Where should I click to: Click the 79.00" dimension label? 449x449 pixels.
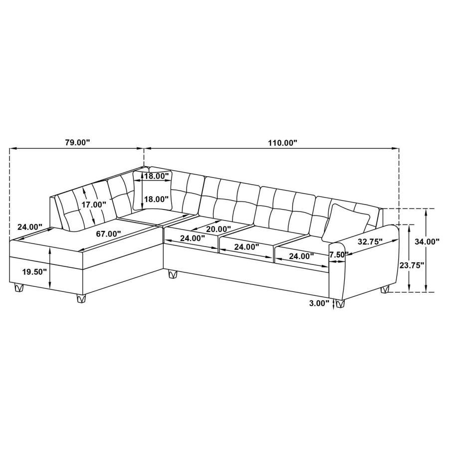77,142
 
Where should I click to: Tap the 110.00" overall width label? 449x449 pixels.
283,143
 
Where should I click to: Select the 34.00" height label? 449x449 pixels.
427,241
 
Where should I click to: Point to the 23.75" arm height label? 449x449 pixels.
412,265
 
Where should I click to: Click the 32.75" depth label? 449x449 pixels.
370,241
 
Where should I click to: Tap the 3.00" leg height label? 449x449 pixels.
319,303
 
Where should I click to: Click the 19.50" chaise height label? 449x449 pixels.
34,272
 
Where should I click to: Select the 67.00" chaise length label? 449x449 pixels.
108,233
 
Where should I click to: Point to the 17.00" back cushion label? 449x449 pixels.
94,205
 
